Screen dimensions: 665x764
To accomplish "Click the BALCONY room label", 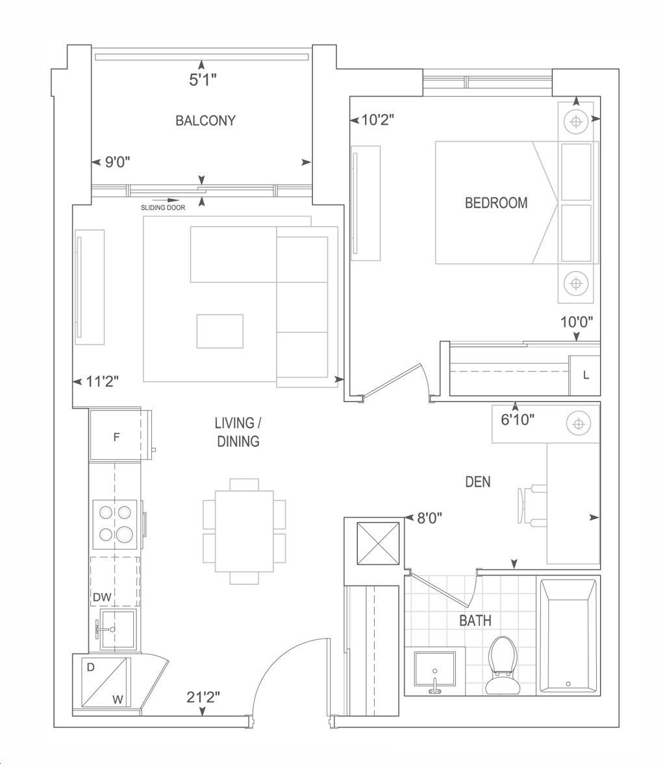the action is point(205,120).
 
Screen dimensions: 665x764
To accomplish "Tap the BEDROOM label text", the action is point(496,203).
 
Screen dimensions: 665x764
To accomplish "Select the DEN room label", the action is point(477,482).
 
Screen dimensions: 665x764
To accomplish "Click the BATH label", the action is point(475,621).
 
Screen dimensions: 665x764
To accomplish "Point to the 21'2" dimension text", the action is point(203,697).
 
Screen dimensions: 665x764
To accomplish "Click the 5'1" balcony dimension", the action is point(203,79).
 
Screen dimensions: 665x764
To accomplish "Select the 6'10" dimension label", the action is point(518,419).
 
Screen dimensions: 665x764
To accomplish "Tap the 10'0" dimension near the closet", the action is point(576,322).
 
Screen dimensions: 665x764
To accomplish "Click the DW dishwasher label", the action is point(102,597).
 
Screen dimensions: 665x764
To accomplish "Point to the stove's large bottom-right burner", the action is point(124,533).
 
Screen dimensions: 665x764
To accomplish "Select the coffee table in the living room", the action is point(220,331).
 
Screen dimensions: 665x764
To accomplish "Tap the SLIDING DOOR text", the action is point(163,208).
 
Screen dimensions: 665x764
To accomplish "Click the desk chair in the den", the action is point(532,505).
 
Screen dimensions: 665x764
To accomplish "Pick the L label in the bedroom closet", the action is point(586,376).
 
